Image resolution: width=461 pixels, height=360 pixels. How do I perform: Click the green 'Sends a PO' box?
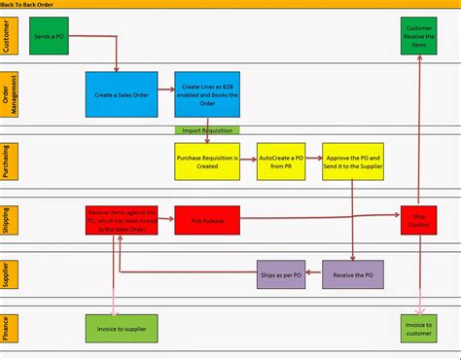(x=49, y=35)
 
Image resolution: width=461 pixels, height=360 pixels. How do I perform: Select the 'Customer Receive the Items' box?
(x=418, y=35)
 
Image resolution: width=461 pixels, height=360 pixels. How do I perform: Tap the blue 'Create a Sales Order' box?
(x=121, y=94)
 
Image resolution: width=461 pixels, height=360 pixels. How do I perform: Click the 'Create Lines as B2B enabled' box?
(x=207, y=94)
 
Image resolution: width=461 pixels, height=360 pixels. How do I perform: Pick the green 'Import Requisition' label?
(x=207, y=129)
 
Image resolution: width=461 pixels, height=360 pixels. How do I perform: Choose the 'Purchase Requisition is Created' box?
(x=207, y=162)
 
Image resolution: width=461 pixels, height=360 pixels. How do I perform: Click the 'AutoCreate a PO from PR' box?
(x=281, y=162)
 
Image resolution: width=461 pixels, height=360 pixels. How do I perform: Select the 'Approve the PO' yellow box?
(x=354, y=162)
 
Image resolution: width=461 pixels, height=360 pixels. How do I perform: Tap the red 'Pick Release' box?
(x=207, y=221)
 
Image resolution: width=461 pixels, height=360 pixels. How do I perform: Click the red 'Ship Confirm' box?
(x=418, y=221)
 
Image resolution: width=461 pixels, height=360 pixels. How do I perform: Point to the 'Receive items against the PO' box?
(x=122, y=221)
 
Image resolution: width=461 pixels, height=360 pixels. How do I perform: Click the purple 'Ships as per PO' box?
(x=281, y=275)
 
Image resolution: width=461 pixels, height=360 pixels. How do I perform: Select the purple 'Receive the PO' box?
(x=354, y=275)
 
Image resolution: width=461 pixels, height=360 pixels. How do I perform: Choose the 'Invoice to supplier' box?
(x=121, y=328)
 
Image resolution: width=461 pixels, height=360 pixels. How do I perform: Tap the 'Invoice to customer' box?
(x=418, y=328)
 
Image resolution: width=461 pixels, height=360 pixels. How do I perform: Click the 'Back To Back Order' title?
(x=30, y=6)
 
